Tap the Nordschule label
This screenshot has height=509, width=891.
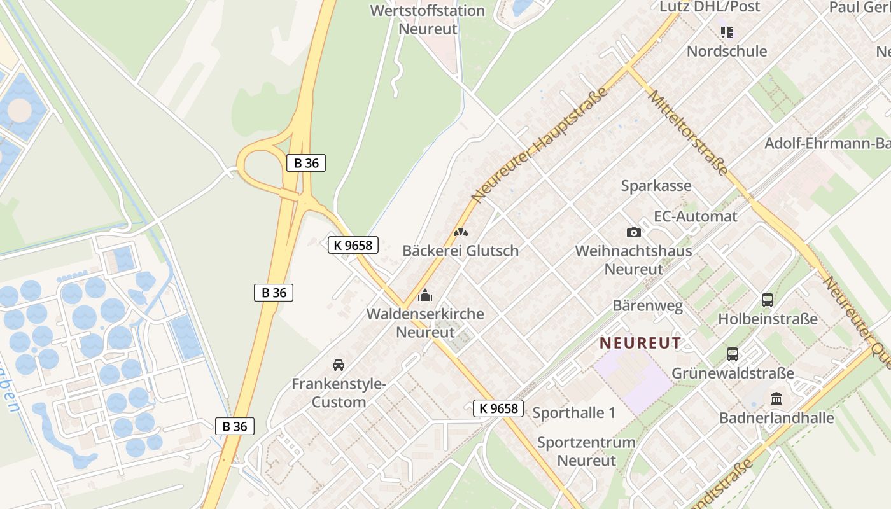pyautogui.click(x=727, y=51)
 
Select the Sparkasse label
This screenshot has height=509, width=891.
pyautogui.click(x=656, y=186)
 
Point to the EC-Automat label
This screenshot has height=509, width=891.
pyautogui.click(x=696, y=216)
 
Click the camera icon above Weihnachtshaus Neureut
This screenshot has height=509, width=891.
pyautogui.click(x=633, y=233)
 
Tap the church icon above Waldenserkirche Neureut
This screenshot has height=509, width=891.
pyautogui.click(x=424, y=296)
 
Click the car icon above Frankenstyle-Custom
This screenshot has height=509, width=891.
pyautogui.click(x=339, y=365)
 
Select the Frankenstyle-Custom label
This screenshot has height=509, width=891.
pyautogui.click(x=339, y=393)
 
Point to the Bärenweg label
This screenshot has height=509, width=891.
pyautogui.click(x=647, y=305)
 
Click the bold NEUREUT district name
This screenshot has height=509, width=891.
pyautogui.click(x=640, y=343)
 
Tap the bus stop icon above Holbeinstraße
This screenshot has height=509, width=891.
pyautogui.click(x=767, y=300)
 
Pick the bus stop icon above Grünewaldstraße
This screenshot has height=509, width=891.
pyautogui.click(x=733, y=354)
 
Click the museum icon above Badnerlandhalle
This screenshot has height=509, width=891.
pyautogui.click(x=776, y=399)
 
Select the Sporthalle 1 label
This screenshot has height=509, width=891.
pyautogui.click(x=573, y=413)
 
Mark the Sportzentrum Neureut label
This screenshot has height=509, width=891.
pyautogui.click(x=586, y=451)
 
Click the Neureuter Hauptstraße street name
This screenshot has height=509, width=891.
pyautogui.click(x=540, y=145)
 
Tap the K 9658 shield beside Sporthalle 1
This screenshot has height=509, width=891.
pyautogui.click(x=498, y=408)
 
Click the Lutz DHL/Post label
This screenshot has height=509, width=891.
pyautogui.click(x=710, y=7)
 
